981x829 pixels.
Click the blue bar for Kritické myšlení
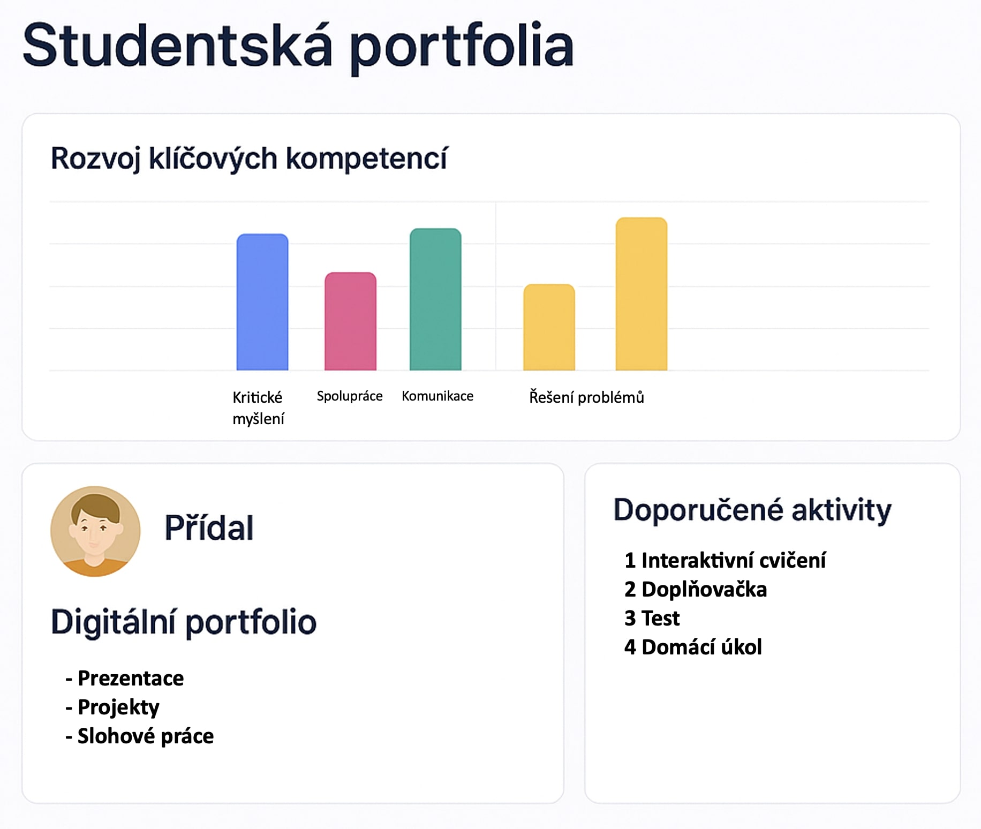262,302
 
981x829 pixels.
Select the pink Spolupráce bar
350,321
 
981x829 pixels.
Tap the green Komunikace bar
435,299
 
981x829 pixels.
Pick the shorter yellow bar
549,327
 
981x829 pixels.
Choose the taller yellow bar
642,294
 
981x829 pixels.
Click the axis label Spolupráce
350,396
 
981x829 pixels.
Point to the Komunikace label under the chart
437,396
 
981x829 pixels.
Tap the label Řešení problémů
586,397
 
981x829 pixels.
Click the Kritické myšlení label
258,408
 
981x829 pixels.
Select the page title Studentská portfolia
298,47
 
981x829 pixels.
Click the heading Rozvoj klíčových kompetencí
249,159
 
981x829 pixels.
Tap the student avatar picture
95,531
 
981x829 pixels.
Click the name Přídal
209,527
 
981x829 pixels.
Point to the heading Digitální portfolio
184,623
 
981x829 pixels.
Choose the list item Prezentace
125,679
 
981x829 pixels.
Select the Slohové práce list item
140,736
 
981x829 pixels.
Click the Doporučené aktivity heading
752,510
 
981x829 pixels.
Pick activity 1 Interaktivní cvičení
725,561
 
